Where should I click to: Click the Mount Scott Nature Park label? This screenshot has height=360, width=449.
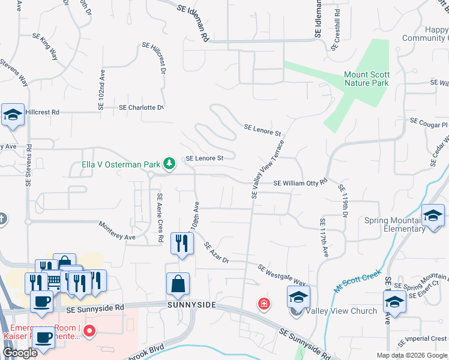[366, 79]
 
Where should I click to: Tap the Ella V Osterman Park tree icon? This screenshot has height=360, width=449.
[170, 163]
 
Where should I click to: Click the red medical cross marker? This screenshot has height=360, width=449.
[264, 305]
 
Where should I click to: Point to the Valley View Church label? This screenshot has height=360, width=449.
[341, 311]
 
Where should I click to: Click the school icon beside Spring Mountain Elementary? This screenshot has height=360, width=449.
[433, 217]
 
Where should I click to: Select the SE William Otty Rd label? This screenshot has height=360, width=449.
[300, 182]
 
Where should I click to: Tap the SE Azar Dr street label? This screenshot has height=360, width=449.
[216, 253]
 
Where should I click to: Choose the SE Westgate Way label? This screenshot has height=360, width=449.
[282, 275]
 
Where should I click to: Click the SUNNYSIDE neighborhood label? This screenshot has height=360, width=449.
[190, 305]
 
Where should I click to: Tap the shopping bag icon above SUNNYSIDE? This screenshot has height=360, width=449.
[178, 285]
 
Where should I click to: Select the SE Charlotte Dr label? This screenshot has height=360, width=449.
[141, 107]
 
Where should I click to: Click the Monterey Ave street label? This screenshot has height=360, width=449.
[117, 231]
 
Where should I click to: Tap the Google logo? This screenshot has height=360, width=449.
[20, 353]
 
